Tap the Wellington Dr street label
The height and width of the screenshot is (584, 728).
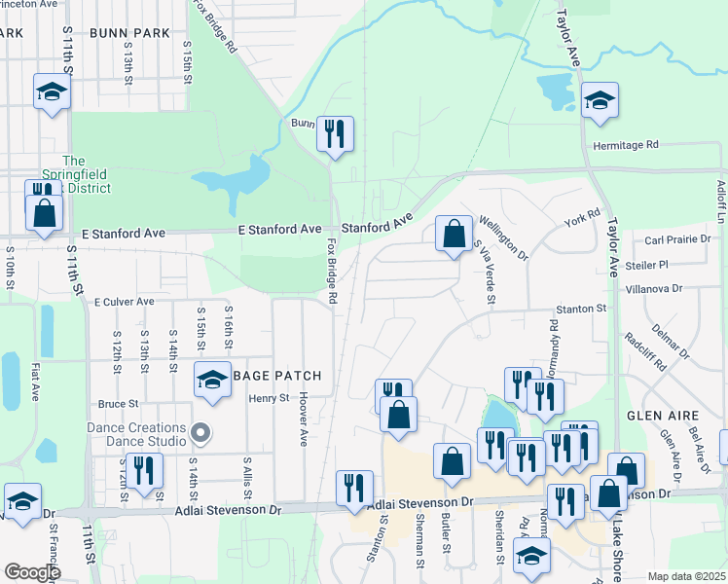coord(502,239)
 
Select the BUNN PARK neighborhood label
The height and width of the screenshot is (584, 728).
coord(128,33)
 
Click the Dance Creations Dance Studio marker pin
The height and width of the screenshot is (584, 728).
coord(201,431)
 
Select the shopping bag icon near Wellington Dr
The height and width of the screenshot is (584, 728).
coord(454,234)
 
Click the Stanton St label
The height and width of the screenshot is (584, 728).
coord(581,309)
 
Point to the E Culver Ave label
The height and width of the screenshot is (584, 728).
coord(125,302)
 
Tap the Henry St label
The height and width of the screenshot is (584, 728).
coord(269,397)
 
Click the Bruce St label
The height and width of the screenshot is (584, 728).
coord(119,403)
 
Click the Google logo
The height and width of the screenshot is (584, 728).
coord(32,571)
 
